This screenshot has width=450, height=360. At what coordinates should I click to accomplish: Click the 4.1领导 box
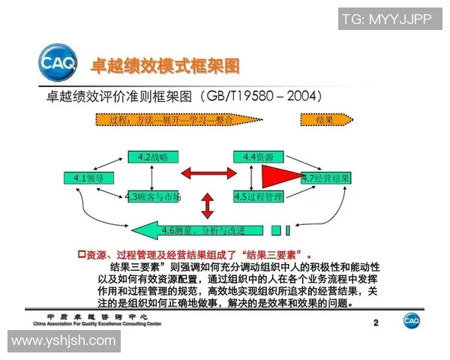83,178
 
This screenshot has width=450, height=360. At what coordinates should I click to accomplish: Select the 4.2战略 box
153,157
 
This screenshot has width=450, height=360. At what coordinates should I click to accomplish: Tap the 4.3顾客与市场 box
154,196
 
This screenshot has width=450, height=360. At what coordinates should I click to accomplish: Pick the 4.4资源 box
257,157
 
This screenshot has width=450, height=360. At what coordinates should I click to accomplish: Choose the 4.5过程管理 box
257,196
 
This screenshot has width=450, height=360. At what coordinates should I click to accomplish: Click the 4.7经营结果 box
325,178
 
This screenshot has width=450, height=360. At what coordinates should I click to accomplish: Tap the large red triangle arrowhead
281,177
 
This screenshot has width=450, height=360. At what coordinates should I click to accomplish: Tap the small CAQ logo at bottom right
412,320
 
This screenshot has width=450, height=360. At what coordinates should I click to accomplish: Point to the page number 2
376,322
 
